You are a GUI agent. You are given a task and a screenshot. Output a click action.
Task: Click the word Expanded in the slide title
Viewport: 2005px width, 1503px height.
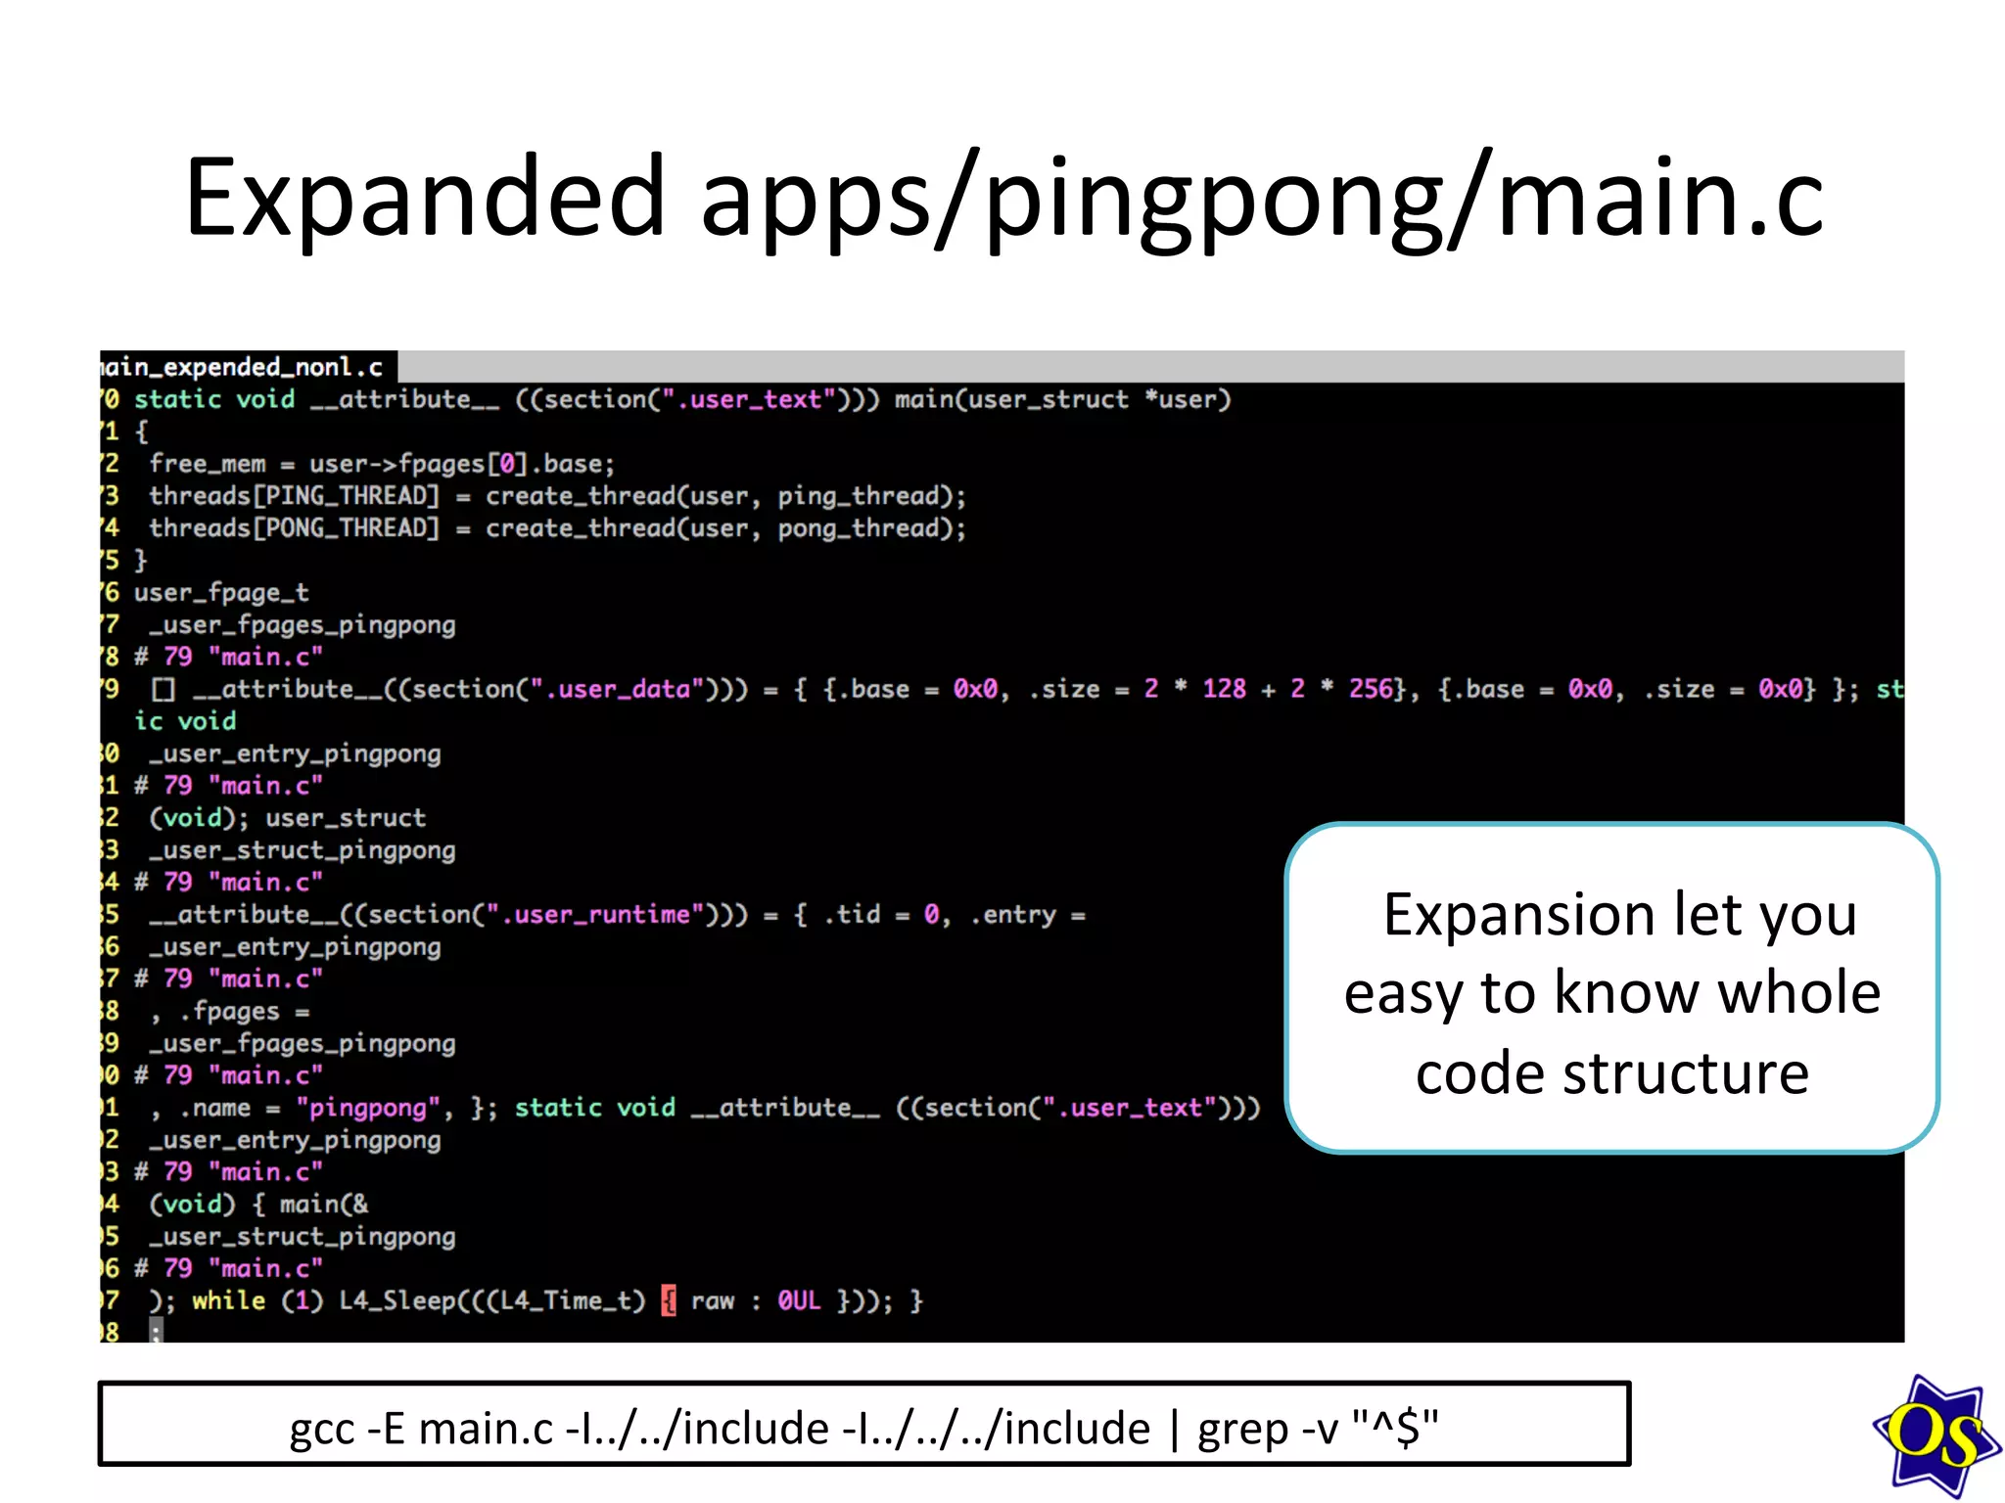[425, 198]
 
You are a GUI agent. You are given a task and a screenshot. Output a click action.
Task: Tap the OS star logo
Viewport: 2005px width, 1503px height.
[1935, 1435]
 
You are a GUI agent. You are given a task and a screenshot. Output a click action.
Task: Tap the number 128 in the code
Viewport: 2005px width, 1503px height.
[1224, 689]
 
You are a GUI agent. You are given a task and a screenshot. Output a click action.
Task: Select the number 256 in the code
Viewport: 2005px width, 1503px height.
[1370, 689]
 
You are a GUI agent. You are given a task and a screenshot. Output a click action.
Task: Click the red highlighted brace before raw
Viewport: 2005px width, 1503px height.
[669, 1300]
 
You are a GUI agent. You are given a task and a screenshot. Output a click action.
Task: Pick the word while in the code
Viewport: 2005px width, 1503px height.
[228, 1300]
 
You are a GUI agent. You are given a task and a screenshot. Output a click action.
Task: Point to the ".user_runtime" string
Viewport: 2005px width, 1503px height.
[602, 915]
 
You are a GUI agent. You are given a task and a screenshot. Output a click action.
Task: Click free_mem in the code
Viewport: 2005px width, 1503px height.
[208, 464]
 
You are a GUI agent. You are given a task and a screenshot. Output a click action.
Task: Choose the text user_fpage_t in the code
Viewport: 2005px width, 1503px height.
[221, 593]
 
